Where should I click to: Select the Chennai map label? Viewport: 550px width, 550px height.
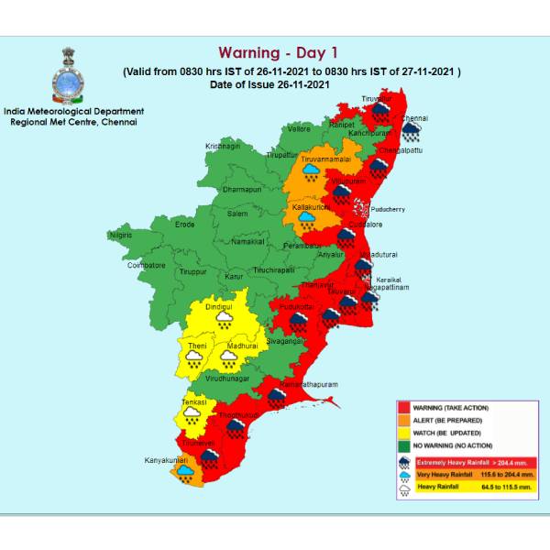coord(414,118)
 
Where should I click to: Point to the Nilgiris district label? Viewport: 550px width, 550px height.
coord(120,236)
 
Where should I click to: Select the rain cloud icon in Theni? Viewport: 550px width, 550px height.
coord(194,357)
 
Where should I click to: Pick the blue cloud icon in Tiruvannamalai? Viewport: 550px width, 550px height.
coord(312,170)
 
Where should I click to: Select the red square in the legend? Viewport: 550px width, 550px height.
coord(403,407)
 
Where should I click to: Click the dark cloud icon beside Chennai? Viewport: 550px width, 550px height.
coord(412,135)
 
